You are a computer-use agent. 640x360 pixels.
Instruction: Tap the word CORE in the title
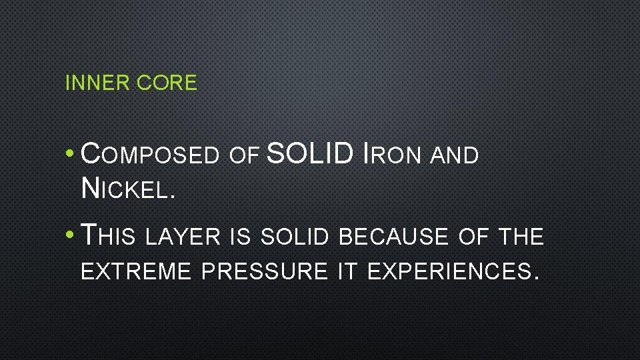[167, 83]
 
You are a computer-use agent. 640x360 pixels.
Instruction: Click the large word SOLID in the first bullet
[309, 154]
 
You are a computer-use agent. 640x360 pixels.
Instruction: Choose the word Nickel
[127, 189]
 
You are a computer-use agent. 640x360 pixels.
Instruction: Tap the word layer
[183, 237]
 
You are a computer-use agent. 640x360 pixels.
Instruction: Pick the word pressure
[264, 271]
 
